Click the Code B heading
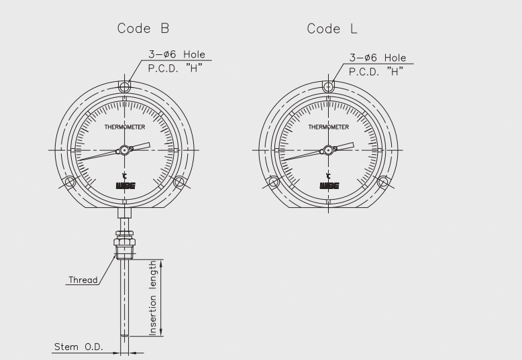point(143,28)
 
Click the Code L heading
point(332,29)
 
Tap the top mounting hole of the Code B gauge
point(125,87)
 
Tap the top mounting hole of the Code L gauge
point(328,87)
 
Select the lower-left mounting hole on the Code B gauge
point(69,182)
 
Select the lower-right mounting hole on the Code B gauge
point(179,182)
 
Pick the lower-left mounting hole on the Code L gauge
point(273,182)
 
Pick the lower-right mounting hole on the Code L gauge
point(383,182)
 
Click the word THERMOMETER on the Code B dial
point(125,127)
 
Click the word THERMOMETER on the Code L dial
point(329,127)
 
